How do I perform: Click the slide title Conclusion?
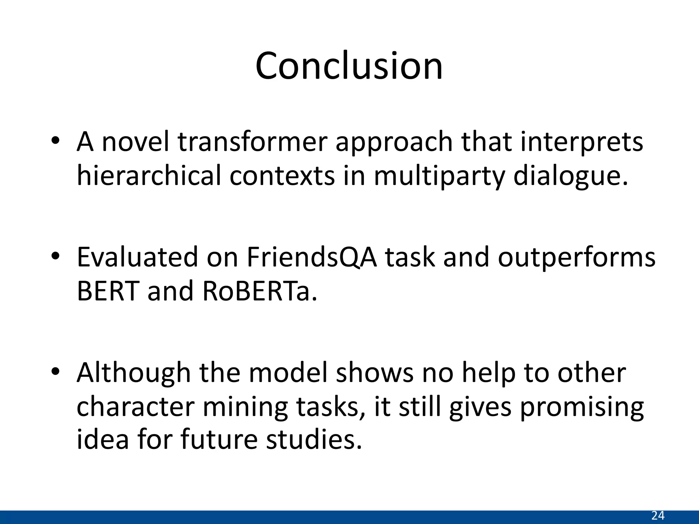[349, 66]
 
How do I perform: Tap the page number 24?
[658, 515]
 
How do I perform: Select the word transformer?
[253, 142]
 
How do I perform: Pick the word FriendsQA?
[312, 257]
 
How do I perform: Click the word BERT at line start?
[108, 291]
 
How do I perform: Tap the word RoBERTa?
[259, 291]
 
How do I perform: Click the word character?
[135, 407]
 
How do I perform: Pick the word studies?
[314, 439]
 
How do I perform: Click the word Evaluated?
[137, 257]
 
